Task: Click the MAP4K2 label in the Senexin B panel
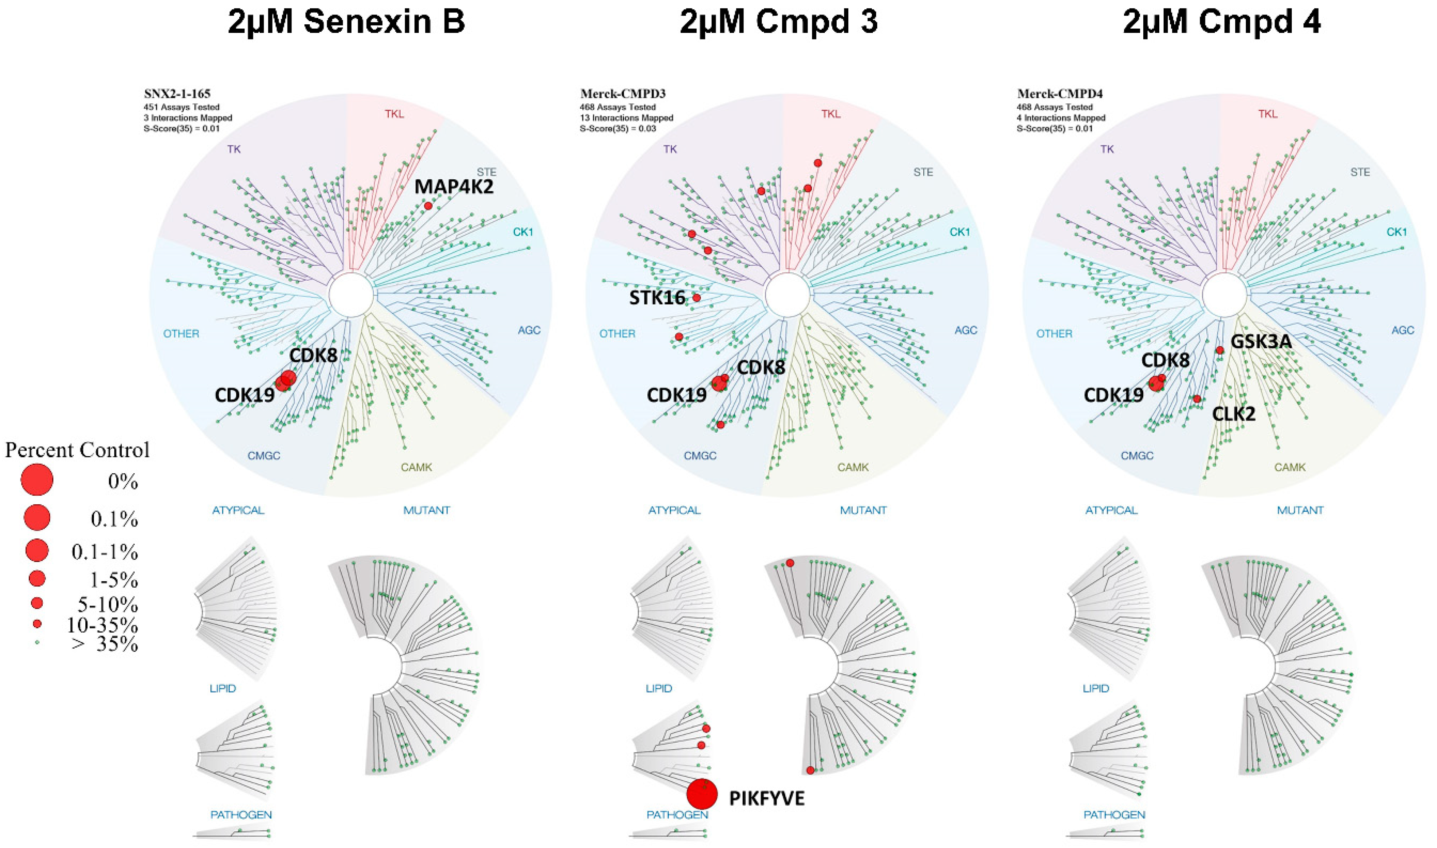coord(454,187)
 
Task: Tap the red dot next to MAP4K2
coord(428,206)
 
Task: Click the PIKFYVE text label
coord(766,798)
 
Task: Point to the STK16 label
coord(657,298)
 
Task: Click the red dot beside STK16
coord(696,298)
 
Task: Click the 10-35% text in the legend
coord(102,625)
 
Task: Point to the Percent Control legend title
coord(77,450)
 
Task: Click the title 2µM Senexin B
coord(346,23)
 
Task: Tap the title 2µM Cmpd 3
coord(779,23)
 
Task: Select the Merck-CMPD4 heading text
coord(1052,94)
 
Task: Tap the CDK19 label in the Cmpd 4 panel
coord(1113,395)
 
